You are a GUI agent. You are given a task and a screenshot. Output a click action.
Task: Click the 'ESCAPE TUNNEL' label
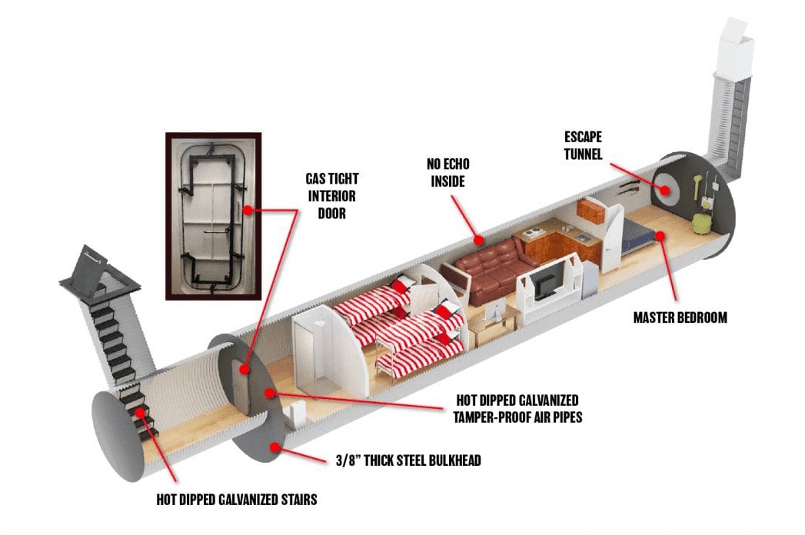583,145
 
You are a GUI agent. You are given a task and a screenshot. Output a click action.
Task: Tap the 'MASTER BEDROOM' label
680,317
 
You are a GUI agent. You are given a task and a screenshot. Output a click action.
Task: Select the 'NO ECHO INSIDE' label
447,172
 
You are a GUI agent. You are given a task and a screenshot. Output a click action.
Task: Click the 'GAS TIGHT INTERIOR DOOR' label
331,195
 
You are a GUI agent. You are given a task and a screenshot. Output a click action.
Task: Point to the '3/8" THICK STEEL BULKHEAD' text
408,460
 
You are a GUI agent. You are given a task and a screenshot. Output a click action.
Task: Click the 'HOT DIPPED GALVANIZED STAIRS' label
237,500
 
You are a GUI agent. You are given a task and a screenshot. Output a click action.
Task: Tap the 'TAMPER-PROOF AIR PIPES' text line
517,417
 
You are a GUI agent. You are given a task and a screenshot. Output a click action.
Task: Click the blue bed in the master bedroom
638,236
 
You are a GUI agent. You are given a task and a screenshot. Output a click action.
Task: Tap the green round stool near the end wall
701,224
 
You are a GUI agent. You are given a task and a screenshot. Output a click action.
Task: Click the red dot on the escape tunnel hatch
665,191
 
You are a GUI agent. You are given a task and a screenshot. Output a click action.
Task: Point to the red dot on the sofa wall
478,240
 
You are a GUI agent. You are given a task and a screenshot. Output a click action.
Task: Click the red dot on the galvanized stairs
140,412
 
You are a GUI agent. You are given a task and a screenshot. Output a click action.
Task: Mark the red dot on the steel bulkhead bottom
275,447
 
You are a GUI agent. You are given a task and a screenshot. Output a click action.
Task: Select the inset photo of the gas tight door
214,216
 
